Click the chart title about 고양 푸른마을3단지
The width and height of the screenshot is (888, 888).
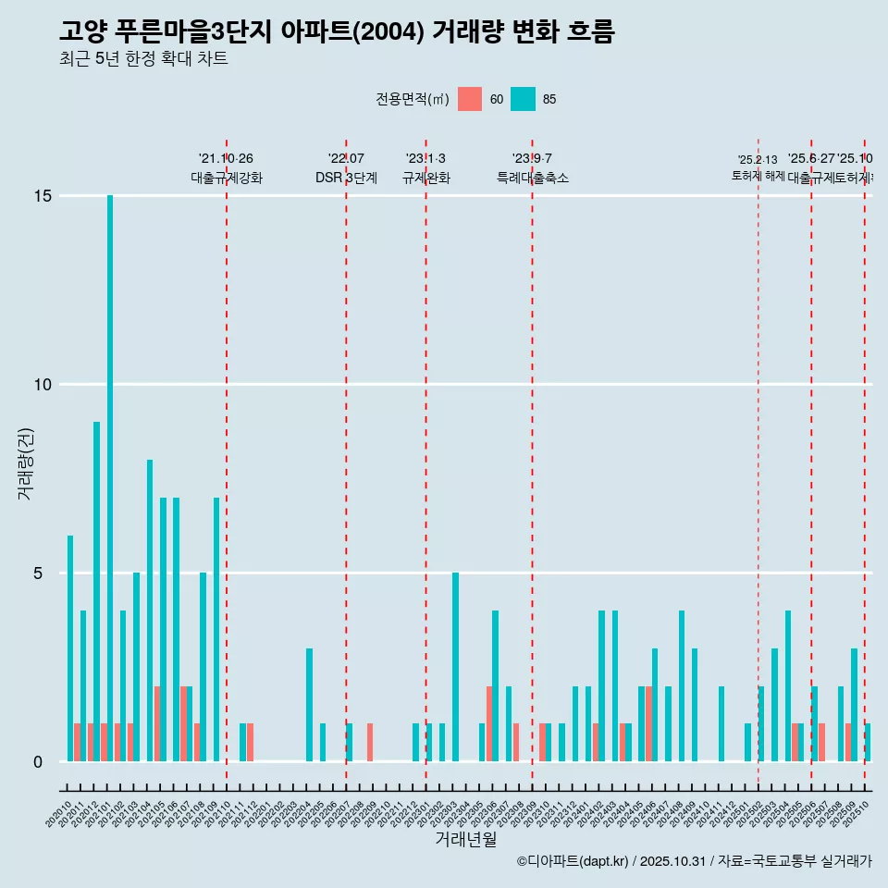click(337, 31)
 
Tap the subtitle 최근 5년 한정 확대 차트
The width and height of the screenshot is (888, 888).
click(143, 59)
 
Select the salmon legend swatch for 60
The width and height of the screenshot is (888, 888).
click(470, 99)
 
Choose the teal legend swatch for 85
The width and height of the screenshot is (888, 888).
click(524, 99)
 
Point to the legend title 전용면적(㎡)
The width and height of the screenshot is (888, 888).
click(413, 99)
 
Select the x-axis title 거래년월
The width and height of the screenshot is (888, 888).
click(466, 839)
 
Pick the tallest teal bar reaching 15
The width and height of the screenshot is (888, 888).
click(110, 478)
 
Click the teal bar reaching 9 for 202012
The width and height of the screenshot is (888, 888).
click(96, 592)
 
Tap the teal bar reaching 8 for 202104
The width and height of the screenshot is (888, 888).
click(150, 610)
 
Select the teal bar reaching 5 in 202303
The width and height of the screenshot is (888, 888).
click(455, 667)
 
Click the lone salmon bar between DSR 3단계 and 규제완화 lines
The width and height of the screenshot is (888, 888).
click(370, 743)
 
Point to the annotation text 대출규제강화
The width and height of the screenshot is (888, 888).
click(227, 178)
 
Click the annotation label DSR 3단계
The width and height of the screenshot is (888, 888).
click(346, 178)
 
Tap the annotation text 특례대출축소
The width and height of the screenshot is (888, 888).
click(532, 178)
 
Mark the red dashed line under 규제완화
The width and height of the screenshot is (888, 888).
click(425, 462)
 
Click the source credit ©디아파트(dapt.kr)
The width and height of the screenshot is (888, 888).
click(573, 861)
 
